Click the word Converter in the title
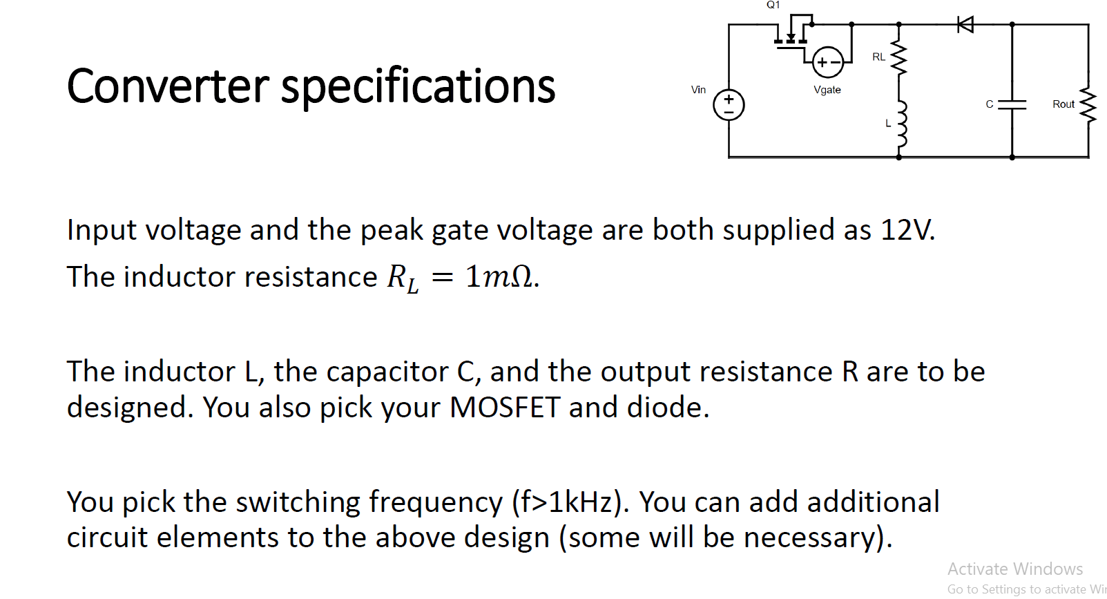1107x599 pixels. pos(168,87)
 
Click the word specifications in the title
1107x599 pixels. pos(418,88)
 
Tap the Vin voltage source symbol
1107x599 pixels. pos(729,105)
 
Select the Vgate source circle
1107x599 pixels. pos(827,62)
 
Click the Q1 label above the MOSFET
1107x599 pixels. pos(773,5)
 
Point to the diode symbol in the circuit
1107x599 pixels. pos(965,25)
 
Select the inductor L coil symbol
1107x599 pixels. pos(900,124)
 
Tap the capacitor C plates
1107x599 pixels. pos(1012,104)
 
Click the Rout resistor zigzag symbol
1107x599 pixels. pos(1088,105)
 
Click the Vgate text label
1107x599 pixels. pos(827,90)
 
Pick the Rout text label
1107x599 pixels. pos(1063,104)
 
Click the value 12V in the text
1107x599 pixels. pos(907,230)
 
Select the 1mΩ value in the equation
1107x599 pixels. pos(499,277)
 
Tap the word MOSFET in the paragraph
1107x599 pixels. pos(504,408)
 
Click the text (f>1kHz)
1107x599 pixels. pos(570,502)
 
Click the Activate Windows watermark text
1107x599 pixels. pos(1014,569)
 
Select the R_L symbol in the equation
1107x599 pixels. pos(402,278)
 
